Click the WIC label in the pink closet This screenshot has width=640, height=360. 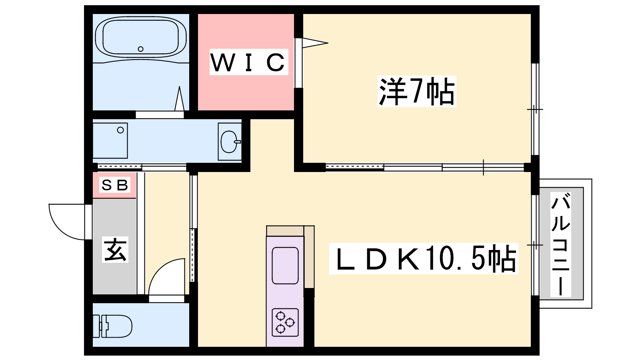point(248,62)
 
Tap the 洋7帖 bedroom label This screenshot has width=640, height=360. point(416,92)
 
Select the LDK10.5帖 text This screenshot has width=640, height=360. point(424,258)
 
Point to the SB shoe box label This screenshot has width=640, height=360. point(115,185)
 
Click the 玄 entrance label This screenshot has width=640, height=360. point(115,250)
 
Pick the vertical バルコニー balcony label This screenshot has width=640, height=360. point(560,244)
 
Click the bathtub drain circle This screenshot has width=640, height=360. point(140,49)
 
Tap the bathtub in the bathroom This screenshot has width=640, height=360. point(140,37)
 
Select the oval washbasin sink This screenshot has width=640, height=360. point(230,142)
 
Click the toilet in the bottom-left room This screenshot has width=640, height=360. point(112,326)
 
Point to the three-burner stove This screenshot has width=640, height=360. point(285,322)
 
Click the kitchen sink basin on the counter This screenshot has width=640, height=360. point(285,266)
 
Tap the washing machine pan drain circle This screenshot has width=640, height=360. point(120,130)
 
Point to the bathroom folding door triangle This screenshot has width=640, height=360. point(180,98)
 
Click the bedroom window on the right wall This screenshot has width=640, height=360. point(535,109)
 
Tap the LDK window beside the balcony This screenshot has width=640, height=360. point(535,245)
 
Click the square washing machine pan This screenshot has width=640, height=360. point(110,140)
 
